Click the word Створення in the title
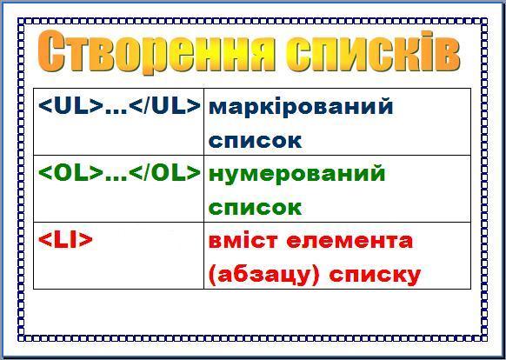156,51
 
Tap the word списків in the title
373,51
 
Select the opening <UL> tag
70,106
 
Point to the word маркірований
301,107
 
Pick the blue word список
255,141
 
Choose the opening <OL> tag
70,173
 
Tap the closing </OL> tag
164,173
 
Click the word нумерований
296,175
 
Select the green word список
255,208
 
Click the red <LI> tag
65,240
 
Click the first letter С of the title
50,51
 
